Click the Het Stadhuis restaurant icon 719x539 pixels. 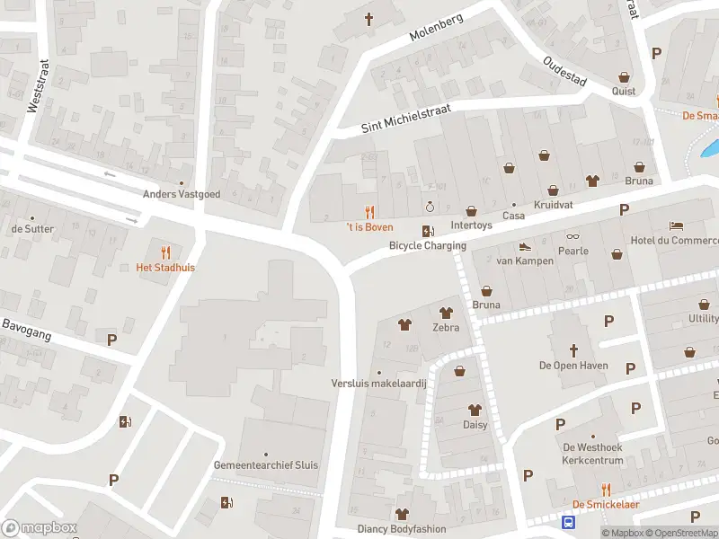click(x=164, y=252)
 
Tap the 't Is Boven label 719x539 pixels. click(x=369, y=227)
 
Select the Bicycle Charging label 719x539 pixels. click(x=427, y=245)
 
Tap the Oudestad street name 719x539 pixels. click(x=564, y=71)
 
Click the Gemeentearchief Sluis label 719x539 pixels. click(x=265, y=465)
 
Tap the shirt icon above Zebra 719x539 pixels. click(x=445, y=314)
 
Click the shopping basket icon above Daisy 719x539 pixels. click(x=460, y=370)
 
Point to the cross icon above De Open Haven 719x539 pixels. click(x=573, y=349)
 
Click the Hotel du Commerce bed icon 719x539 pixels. click(x=676, y=225)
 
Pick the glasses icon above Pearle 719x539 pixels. click(x=572, y=237)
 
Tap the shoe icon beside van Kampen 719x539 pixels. click(x=525, y=246)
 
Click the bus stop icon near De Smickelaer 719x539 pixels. click(x=568, y=522)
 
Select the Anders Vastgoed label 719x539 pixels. click(x=181, y=194)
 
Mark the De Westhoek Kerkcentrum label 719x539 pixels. click(x=592, y=454)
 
